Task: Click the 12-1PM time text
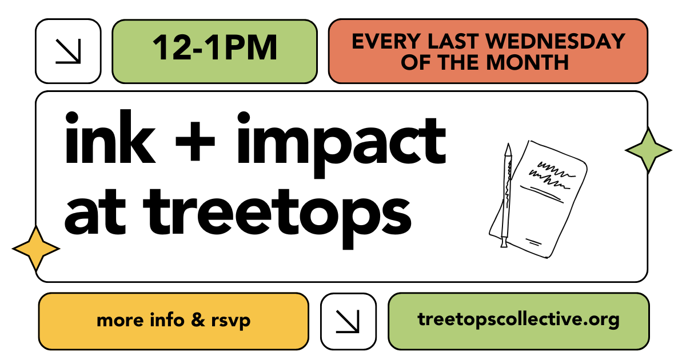pos(214,50)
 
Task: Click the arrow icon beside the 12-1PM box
pos(68,51)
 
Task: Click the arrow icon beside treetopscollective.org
pos(348,321)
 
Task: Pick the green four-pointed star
pos(648,150)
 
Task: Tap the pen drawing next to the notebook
pos(505,194)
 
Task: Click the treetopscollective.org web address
pos(519,319)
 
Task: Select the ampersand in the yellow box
pos(198,321)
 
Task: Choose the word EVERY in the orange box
pos(379,42)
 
